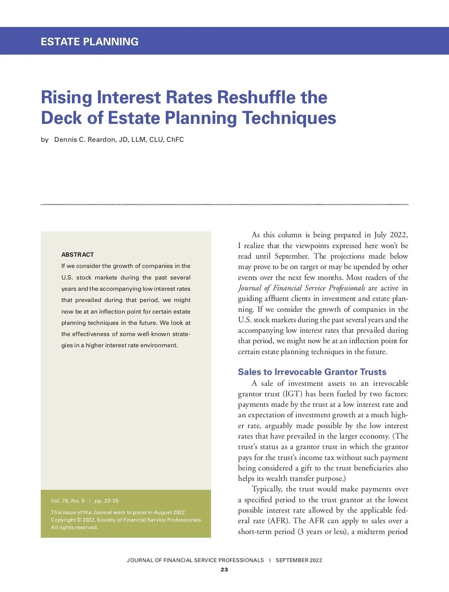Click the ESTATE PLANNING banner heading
coord(89,42)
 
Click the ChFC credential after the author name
coord(175,140)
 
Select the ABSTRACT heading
coord(77,254)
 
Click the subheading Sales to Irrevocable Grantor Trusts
coord(312,372)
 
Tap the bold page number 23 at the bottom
coord(224,570)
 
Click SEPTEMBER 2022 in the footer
coord(299,560)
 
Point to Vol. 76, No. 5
coord(68,501)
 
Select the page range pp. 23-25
coord(107,501)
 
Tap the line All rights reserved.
coord(74,527)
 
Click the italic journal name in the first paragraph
coord(302,288)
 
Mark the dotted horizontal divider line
coord(224,204)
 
